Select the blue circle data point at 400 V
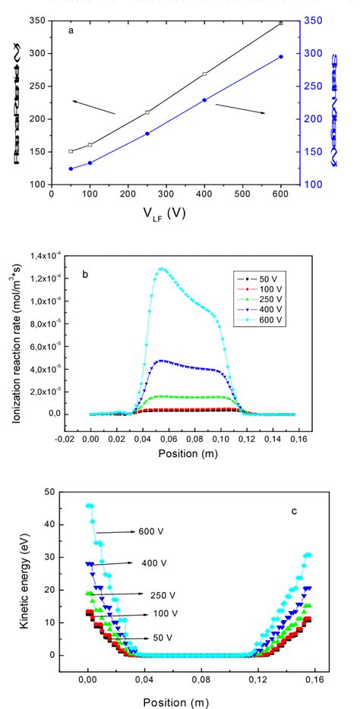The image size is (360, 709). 204,100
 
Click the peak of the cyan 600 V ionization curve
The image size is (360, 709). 161,269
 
